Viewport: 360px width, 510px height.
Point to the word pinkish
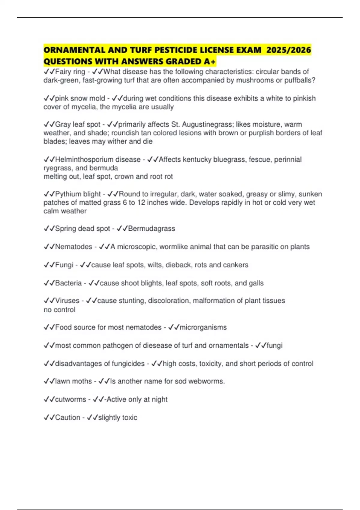click(x=304, y=98)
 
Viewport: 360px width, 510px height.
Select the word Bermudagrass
click(x=151, y=229)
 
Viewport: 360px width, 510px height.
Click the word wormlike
click(x=173, y=247)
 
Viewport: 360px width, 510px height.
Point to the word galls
click(x=256, y=283)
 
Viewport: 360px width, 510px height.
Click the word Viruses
click(x=67, y=301)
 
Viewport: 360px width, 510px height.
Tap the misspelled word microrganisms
click(x=203, y=327)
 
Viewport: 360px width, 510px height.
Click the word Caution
click(x=67, y=418)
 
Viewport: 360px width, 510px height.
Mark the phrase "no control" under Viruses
click(x=59, y=310)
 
